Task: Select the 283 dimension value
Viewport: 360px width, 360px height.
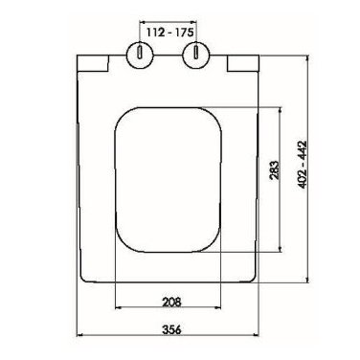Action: pos(275,169)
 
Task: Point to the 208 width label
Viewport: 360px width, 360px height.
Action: pos(171,302)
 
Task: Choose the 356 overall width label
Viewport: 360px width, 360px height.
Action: pos(171,329)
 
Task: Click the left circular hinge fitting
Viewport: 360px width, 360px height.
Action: pos(140,56)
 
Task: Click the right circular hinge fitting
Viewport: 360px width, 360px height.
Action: pos(195,56)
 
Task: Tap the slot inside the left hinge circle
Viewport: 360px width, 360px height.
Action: pos(140,52)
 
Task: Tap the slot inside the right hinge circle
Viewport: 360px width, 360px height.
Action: pos(195,52)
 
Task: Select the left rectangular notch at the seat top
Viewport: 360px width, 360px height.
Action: pos(93,63)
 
